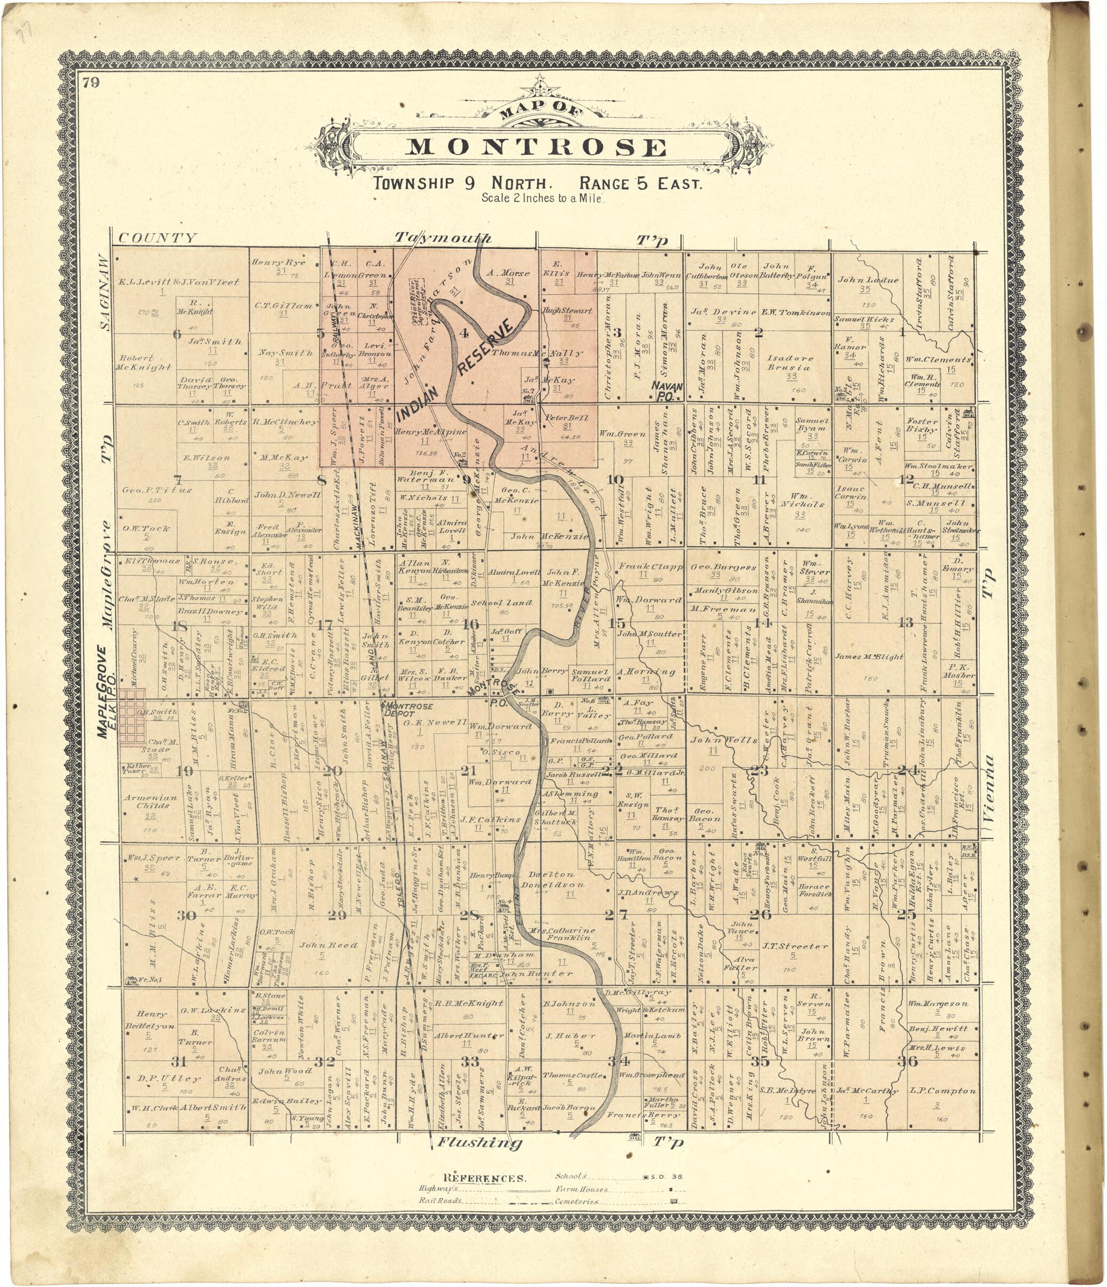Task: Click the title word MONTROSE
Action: [x=537, y=147]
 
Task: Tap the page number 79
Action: [x=91, y=83]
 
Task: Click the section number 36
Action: [x=908, y=1061]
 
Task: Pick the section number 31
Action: [x=179, y=1061]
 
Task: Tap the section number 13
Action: [x=906, y=622]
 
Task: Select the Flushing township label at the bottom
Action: [x=479, y=1142]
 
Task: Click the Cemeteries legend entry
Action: [x=577, y=1201]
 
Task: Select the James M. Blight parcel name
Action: [x=869, y=657]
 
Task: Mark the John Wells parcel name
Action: [x=724, y=740]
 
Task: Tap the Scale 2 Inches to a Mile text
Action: [x=543, y=198]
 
